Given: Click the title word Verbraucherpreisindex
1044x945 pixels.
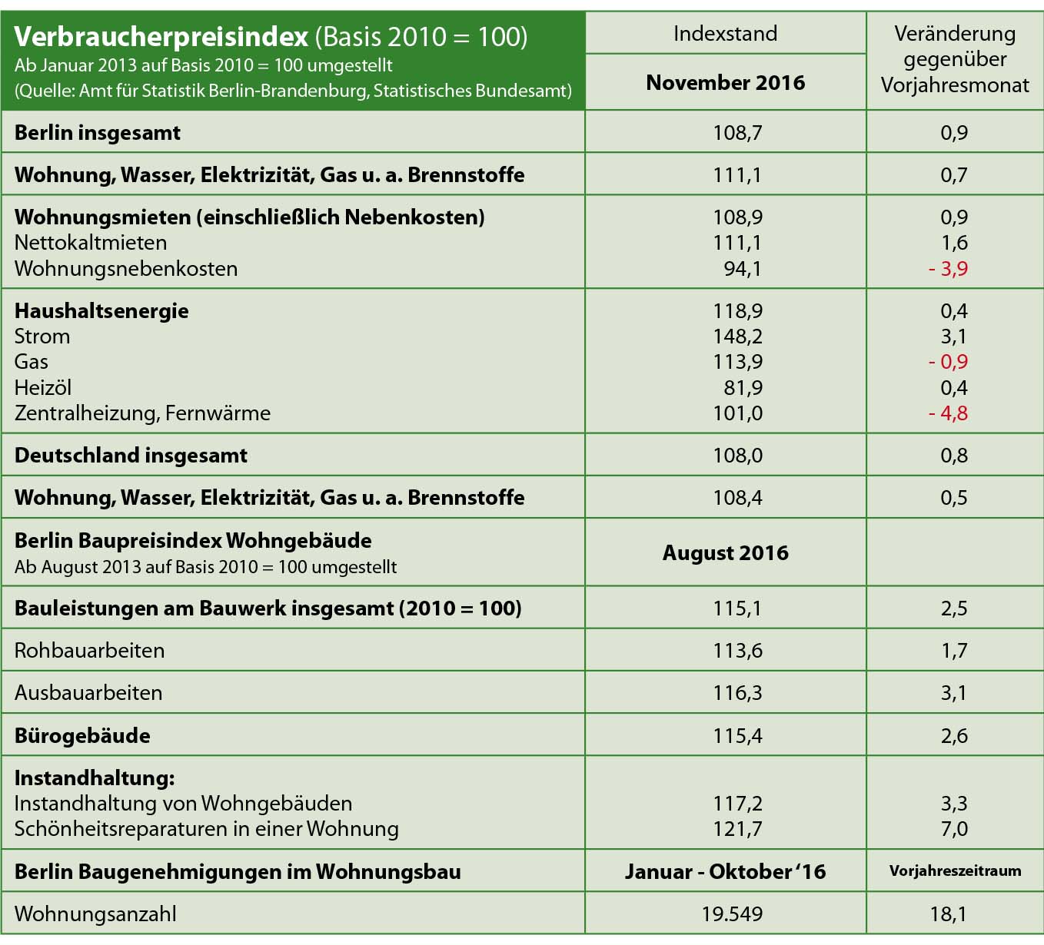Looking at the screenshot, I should point(161,36).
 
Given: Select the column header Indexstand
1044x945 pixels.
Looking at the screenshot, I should point(725,34).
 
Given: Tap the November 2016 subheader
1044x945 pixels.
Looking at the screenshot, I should point(725,82).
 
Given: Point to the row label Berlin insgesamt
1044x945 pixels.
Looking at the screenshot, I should point(98,133).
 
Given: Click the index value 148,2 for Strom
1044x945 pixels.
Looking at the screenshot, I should point(737,337).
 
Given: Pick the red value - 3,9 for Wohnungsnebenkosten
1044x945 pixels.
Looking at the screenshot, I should point(948,269).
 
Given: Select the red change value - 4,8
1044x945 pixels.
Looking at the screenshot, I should point(948,413).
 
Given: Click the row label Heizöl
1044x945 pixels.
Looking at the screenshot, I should point(43,388).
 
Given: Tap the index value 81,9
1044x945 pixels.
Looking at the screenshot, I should point(743,388).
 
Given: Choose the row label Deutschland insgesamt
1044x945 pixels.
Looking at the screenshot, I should point(131,456).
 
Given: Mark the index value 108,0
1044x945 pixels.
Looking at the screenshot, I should point(737,456).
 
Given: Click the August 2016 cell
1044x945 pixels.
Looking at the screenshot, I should point(725,553).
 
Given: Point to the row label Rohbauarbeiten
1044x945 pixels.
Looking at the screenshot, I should point(89,651).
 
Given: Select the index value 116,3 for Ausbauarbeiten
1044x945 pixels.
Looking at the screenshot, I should point(737,693).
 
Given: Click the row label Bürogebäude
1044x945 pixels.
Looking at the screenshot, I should point(82,736).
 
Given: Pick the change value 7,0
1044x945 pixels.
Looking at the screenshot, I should point(954,829).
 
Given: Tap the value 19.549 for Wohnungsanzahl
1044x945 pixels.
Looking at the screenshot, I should point(732,914).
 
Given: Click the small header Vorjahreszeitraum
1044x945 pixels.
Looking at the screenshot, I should point(955,871).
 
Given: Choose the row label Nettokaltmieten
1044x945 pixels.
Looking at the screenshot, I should point(91,243).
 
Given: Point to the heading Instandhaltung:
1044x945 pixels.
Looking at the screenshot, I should point(95,778).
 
